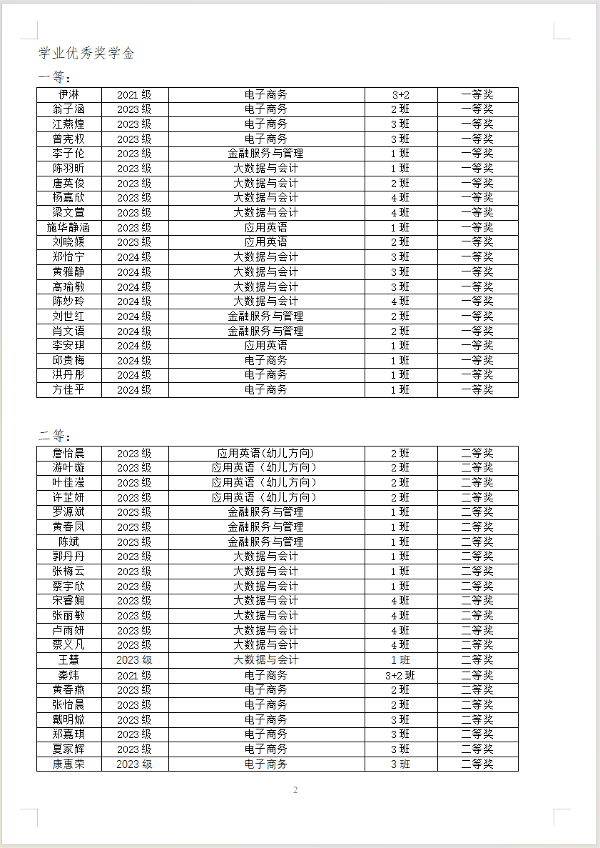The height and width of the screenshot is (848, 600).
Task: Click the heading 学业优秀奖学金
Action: coord(86,54)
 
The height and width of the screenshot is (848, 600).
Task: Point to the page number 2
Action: coord(295,789)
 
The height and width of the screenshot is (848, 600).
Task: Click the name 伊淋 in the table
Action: coord(68,94)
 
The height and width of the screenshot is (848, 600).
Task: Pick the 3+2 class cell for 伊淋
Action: coord(400,95)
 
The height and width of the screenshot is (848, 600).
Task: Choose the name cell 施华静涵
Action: coord(68,227)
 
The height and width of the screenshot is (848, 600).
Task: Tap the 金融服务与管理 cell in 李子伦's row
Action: coord(265,154)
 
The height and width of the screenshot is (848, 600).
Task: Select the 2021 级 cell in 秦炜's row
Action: coord(134,675)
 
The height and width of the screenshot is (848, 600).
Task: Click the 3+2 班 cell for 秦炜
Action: coord(400,675)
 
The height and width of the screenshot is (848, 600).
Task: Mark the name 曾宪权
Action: coord(68,139)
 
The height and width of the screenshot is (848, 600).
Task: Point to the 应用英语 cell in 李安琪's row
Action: coord(265,346)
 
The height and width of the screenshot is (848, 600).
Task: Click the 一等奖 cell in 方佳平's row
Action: coord(477,390)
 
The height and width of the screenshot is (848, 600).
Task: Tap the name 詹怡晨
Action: coord(68,454)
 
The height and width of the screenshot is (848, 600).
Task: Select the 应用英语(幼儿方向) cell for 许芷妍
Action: coord(265,497)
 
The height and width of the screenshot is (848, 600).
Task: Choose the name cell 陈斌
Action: coord(68,542)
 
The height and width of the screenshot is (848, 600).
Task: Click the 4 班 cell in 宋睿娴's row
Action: coord(400,601)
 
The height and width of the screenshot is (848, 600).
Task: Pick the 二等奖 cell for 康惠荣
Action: coord(477,764)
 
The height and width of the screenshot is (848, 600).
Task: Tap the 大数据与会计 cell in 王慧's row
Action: coord(265,660)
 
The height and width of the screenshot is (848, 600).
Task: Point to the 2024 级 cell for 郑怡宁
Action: coord(134,257)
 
